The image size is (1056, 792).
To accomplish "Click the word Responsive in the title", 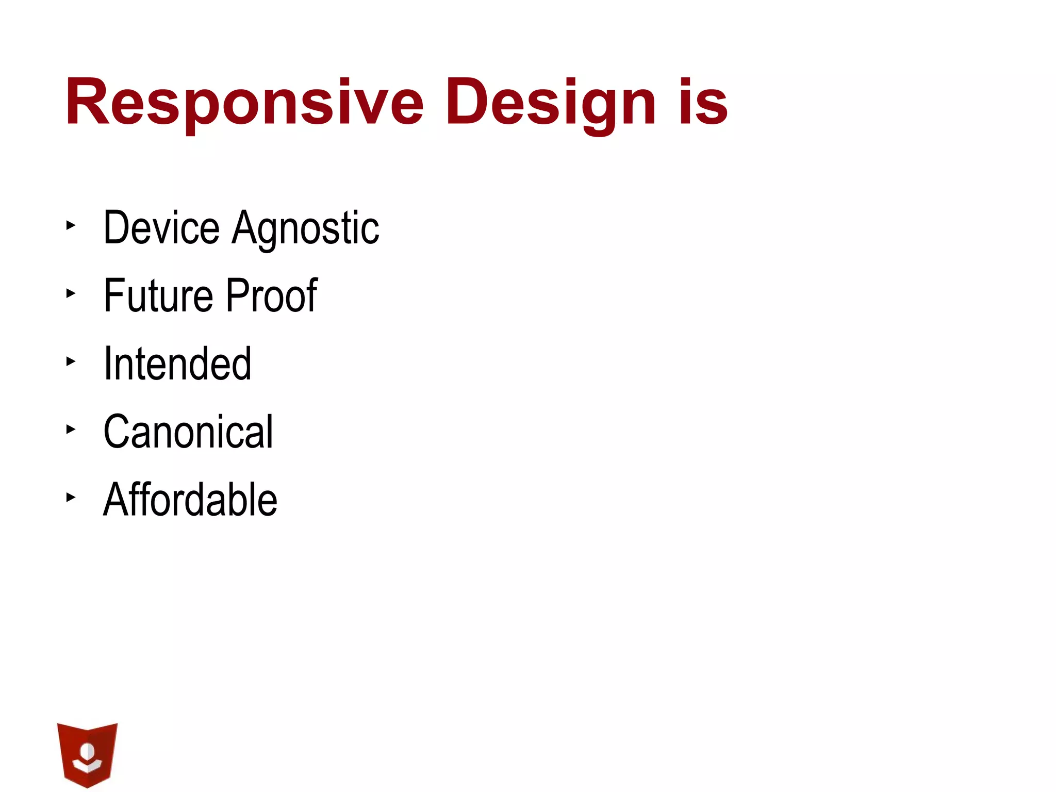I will click(244, 102).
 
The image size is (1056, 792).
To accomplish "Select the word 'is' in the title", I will click(703, 102).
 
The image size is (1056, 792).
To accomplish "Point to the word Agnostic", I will click(305, 228).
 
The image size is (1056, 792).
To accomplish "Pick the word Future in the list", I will click(158, 295).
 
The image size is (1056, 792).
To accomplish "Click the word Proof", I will click(272, 295).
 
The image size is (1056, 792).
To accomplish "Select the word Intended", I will click(177, 364).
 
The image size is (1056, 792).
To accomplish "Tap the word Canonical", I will click(188, 432).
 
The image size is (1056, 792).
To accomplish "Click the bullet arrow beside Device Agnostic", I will click(71, 225).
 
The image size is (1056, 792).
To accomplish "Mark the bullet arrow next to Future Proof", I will click(71, 293).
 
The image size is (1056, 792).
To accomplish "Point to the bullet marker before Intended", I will click(71, 361).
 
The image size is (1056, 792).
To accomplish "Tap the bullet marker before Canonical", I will click(71, 430).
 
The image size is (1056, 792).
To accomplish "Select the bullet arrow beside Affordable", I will click(71, 498).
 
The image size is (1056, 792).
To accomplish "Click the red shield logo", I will click(87, 754).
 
